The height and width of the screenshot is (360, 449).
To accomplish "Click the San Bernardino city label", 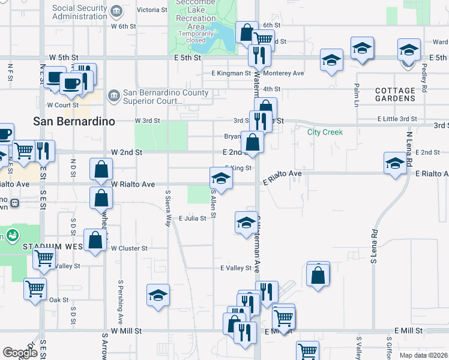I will tap(74, 121).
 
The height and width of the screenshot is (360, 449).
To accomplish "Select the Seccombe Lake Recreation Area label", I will tap(196, 18).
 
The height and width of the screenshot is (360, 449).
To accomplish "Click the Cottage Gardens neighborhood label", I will tap(395, 95).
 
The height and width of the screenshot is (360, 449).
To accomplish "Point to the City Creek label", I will tap(325, 132).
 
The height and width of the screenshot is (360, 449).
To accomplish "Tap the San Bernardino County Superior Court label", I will tap(166, 97).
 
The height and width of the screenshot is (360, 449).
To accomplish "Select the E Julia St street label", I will tap(193, 218).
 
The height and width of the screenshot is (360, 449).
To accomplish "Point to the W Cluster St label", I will tap(129, 248).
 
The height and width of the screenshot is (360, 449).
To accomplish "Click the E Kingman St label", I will tap(231, 73).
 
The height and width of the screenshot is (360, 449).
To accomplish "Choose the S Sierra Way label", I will tap(168, 208).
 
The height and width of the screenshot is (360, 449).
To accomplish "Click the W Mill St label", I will tap(125, 331).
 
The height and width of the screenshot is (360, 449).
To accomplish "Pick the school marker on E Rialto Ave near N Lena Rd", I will tap(395, 163).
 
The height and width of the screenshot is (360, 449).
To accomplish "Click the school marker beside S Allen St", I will tap(221, 178).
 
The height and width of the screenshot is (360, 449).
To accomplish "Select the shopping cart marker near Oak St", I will tap(35, 289).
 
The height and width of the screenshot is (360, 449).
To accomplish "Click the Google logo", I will tap(20, 353).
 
